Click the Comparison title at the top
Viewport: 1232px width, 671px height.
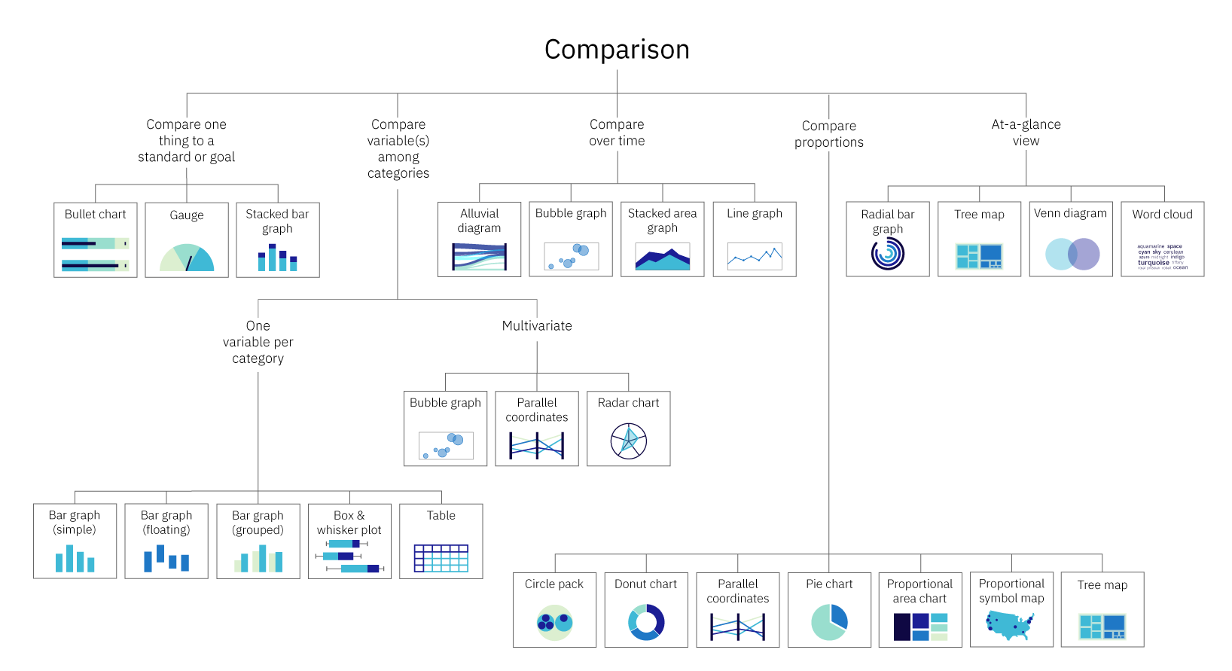(x=617, y=50)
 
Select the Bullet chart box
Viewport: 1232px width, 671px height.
(x=96, y=239)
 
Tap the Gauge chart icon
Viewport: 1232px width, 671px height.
(x=187, y=258)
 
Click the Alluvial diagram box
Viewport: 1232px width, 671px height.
(x=479, y=239)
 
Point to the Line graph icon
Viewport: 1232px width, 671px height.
(x=755, y=257)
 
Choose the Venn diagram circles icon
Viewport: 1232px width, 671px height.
(x=1072, y=255)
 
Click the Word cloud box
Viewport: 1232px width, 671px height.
(x=1162, y=239)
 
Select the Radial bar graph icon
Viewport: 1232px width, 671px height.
(x=888, y=254)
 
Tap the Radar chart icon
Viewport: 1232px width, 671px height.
(x=629, y=441)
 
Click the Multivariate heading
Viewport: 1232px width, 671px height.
(x=537, y=326)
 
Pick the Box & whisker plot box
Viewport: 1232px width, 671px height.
(x=349, y=541)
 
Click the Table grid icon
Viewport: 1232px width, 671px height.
(x=441, y=558)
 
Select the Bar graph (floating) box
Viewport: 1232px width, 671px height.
(x=166, y=541)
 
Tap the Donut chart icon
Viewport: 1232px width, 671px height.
(x=646, y=622)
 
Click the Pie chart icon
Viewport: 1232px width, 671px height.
(x=829, y=622)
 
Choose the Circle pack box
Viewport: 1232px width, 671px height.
(x=554, y=609)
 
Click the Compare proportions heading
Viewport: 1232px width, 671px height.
(x=829, y=134)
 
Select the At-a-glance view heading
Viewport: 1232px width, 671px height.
(x=1026, y=133)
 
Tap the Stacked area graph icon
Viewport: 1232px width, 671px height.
(x=663, y=258)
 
